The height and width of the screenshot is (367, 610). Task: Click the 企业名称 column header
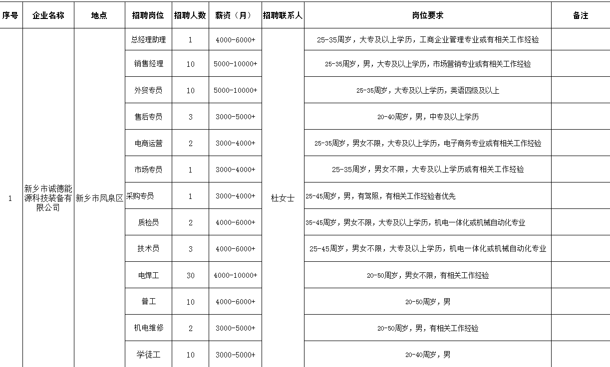(48, 15)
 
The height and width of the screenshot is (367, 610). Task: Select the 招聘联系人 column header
(283, 15)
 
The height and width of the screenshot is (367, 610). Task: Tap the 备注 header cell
(580, 15)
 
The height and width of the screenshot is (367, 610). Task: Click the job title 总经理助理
(148, 39)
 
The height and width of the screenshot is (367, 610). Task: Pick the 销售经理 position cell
(148, 64)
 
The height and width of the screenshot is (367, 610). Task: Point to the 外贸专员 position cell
(148, 90)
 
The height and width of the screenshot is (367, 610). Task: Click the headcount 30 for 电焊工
(190, 275)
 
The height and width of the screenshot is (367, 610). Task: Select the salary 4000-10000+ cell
(235, 275)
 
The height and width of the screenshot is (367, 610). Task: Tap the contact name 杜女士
(283, 198)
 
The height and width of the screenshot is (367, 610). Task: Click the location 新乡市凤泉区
(99, 198)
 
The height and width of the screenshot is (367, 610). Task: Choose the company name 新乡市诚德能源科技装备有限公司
(48, 198)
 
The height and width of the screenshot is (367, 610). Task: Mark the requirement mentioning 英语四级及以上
(427, 90)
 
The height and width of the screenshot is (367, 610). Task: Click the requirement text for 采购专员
(380, 196)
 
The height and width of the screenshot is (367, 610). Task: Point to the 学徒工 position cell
(148, 355)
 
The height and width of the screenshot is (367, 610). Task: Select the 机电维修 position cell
(148, 328)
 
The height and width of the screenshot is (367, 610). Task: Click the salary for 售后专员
(235, 117)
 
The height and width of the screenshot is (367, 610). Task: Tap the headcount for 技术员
(190, 249)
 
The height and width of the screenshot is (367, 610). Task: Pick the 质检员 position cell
(148, 222)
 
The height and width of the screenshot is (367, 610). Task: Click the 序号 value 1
(10, 198)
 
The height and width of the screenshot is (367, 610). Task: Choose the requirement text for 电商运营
(427, 143)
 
